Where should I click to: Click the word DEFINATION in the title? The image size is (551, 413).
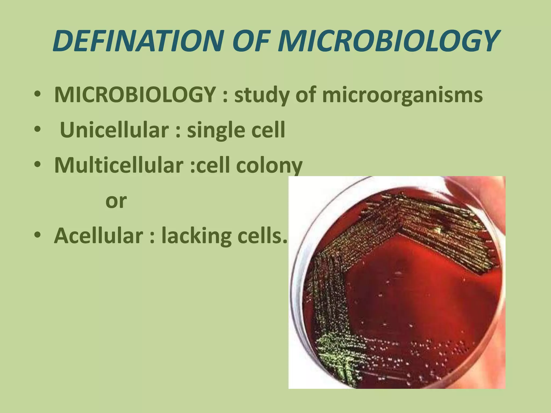point(137,41)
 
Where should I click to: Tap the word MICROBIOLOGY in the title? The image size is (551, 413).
point(387,41)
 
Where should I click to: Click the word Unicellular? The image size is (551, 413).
point(114,130)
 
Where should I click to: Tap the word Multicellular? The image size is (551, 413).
point(119,165)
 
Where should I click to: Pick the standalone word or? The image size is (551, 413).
point(116,201)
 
